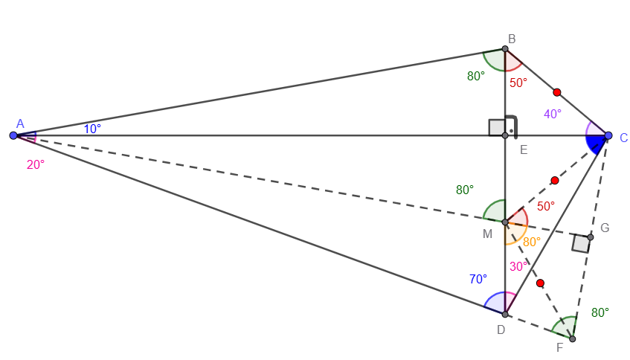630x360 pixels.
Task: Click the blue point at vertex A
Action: tap(13, 135)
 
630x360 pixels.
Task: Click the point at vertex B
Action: tap(504, 50)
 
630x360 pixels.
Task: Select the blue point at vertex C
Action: tap(608, 135)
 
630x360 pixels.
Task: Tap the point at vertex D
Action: tap(504, 314)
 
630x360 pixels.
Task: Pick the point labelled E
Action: tap(504, 135)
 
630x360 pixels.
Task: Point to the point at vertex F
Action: tap(572, 338)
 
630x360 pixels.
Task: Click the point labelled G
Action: tap(591, 237)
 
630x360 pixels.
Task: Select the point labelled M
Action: tap(504, 222)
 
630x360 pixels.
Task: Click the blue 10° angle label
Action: tap(92, 129)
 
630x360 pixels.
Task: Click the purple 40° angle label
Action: tap(553, 114)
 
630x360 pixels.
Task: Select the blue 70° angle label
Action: tap(478, 280)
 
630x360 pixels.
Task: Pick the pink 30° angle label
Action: tap(519, 266)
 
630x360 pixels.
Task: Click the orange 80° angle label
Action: tap(532, 242)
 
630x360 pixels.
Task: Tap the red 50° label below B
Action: tap(518, 83)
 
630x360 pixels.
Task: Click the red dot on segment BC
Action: tap(557, 92)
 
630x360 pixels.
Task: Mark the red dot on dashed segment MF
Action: tap(540, 283)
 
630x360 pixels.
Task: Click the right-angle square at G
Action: tap(581, 243)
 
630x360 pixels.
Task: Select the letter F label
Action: tap(559, 348)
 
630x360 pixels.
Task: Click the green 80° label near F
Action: tap(600, 312)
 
